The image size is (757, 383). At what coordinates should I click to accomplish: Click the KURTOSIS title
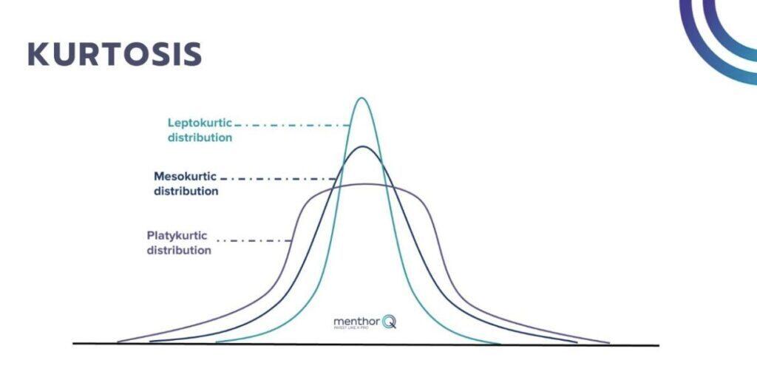115,54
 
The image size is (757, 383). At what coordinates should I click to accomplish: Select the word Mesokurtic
186,177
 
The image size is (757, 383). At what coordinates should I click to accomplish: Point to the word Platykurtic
177,236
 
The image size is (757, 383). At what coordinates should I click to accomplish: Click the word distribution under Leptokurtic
200,138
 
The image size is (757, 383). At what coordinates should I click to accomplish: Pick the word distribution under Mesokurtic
186,191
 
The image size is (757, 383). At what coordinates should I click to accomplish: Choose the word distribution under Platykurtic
179,251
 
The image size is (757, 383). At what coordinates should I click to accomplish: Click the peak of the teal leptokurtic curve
361,98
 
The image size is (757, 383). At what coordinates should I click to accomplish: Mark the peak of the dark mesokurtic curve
362,146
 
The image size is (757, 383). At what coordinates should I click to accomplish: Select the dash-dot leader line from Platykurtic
255,240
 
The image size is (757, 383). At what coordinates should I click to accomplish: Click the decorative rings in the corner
721,33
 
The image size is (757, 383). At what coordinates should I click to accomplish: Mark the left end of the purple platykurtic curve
118,342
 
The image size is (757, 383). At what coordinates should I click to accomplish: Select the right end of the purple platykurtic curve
609,342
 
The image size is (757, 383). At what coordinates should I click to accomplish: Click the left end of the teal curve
217,343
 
